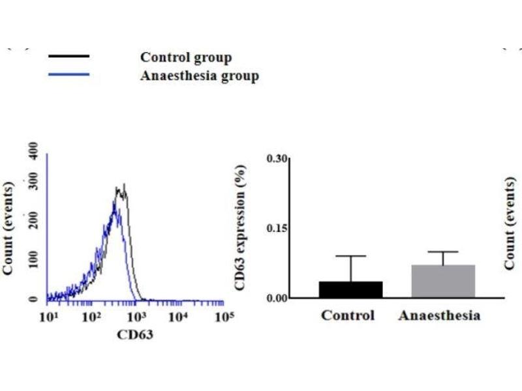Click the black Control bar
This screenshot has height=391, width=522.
click(350, 290)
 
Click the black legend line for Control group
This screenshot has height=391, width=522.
click(69, 57)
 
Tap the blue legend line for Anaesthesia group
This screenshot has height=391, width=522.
click(69, 75)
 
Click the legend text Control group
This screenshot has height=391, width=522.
click(186, 57)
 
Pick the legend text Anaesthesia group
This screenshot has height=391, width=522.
click(200, 76)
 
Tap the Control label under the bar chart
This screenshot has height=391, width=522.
click(348, 315)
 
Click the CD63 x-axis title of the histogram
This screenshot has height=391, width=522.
click(135, 335)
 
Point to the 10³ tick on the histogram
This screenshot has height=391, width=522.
click(136, 317)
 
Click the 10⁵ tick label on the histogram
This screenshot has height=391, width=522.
click(224, 317)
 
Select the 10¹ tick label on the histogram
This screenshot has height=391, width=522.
click(48, 317)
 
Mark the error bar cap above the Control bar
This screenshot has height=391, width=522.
click(351, 256)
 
